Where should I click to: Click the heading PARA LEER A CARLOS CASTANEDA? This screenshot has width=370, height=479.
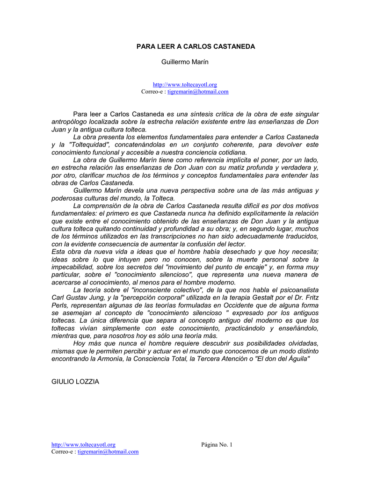pos(196,47)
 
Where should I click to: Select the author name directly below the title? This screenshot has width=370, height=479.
pos(185,62)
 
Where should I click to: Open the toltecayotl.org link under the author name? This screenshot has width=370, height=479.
pos(185,85)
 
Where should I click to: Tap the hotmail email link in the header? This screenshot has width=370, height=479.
pos(198,92)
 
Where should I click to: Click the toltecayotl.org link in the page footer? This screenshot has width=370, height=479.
pos(83,444)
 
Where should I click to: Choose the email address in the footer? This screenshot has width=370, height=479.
pos(108,451)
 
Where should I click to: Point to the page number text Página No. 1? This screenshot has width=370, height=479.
pos(217,444)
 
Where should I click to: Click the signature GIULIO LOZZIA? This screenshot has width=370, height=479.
pos(75,382)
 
